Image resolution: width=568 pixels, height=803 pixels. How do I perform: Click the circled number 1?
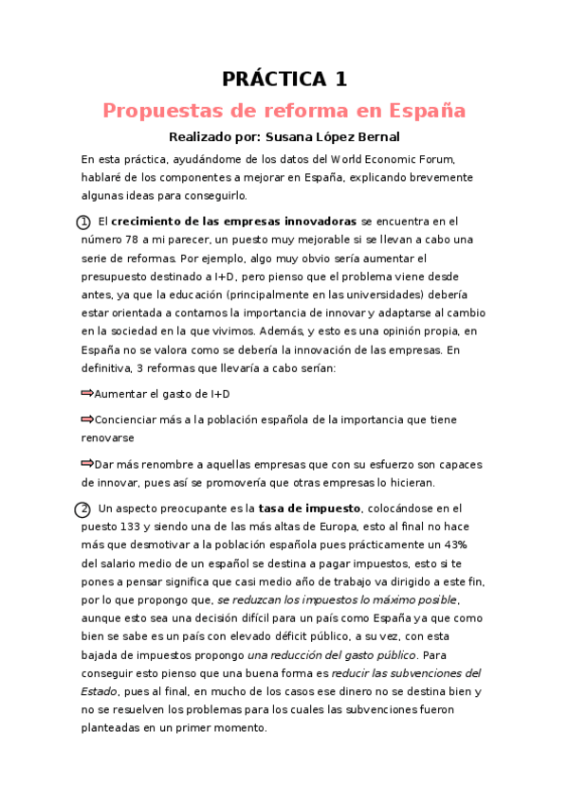pyautogui.click(x=83, y=222)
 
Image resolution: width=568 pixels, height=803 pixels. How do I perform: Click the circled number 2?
pyautogui.click(x=83, y=509)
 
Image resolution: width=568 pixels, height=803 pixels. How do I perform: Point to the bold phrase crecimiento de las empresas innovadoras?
pyautogui.click(x=241, y=222)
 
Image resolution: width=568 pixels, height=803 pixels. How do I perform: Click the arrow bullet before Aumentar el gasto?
pyautogui.click(x=87, y=392)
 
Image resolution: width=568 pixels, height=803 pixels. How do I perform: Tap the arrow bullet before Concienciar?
pyautogui.click(x=87, y=419)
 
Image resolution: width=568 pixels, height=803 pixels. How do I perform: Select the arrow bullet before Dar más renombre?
pyautogui.click(x=87, y=463)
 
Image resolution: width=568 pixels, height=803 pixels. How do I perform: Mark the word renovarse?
pyautogui.click(x=108, y=438)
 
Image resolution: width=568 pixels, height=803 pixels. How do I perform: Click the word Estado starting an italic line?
pyautogui.click(x=101, y=692)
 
